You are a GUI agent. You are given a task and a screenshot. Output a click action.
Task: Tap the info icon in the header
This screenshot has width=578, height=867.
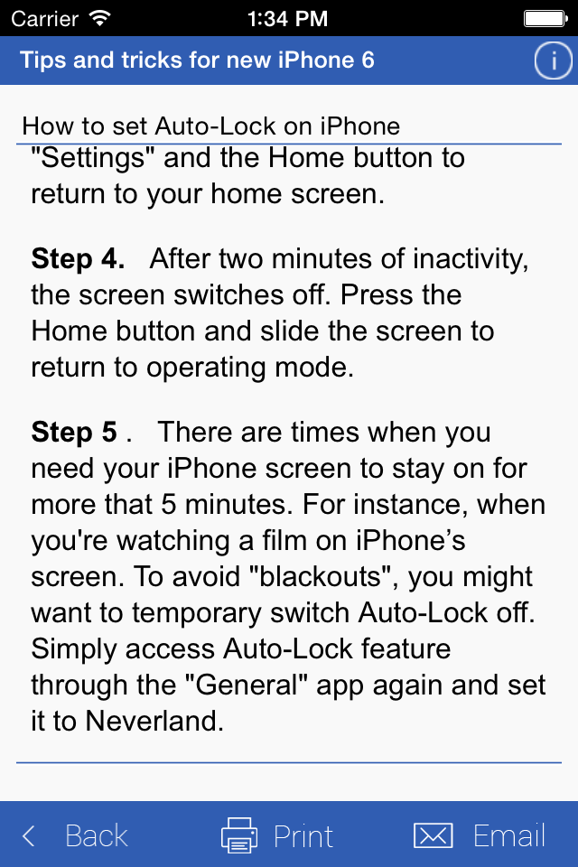[x=553, y=61]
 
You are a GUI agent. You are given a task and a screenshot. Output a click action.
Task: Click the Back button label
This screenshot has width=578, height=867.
[x=97, y=834]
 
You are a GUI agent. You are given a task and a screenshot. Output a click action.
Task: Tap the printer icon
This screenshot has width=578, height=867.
[x=239, y=834]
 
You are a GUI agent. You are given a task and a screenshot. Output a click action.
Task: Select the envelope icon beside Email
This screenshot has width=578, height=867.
[x=433, y=834]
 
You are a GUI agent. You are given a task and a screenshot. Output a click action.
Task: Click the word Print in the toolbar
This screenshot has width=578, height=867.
[x=303, y=835]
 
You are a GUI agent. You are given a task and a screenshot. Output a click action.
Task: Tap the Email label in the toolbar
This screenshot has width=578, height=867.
[x=509, y=834]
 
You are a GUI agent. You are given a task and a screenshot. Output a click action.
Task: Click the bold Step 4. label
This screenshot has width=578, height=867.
[x=78, y=259]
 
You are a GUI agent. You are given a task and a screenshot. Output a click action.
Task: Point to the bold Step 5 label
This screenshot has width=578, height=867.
[x=74, y=432]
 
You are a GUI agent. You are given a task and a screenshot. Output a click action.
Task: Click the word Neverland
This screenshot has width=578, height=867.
[x=154, y=721]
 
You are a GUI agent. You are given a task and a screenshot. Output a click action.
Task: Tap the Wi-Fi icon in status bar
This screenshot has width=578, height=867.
[x=100, y=18]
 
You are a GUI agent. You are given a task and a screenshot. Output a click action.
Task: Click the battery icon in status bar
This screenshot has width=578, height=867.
[x=545, y=19]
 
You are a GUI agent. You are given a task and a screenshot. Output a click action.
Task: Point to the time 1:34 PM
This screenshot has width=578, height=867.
[x=287, y=19]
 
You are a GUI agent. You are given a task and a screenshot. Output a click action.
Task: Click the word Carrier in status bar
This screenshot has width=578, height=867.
[x=45, y=19]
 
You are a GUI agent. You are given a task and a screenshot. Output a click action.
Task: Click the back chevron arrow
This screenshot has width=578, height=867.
[x=29, y=835]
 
